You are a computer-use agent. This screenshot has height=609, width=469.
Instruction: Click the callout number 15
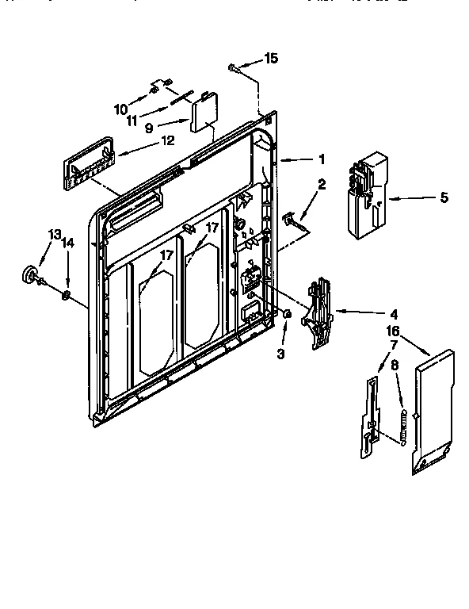271,58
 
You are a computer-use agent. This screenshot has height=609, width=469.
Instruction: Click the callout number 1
322,159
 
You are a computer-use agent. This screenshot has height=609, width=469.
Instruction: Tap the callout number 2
322,186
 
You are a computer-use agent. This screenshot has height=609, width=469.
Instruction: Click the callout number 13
54,235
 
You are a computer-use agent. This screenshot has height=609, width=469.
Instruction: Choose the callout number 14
68,244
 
